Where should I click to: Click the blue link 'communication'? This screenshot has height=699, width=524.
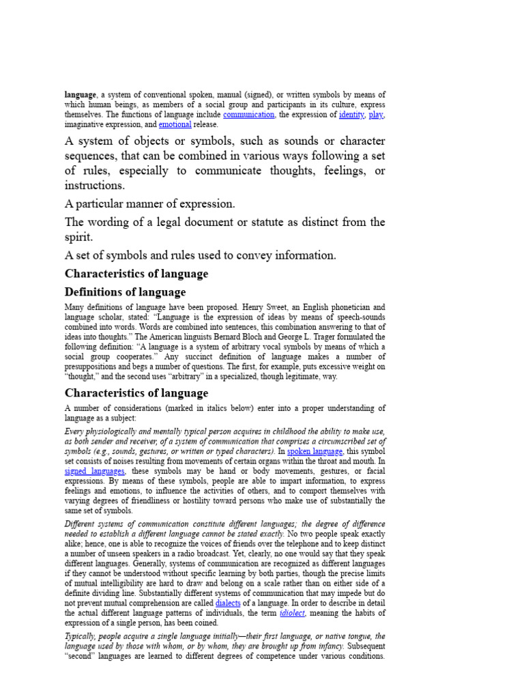248,115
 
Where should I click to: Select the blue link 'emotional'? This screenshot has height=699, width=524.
175,125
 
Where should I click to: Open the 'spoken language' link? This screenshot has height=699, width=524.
315,451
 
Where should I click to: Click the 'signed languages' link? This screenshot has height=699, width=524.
95,471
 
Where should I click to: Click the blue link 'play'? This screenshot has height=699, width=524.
376,115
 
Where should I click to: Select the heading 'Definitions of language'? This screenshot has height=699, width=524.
125,292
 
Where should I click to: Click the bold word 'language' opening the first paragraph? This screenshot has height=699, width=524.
81,94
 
